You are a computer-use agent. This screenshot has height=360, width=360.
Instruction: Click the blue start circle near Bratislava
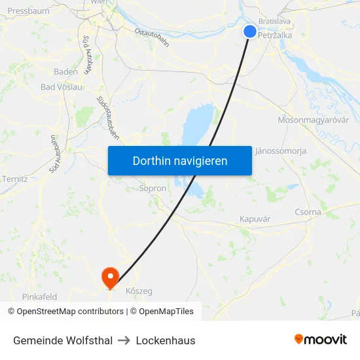click(x=250, y=31)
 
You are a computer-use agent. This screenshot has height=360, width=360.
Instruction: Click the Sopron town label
click(x=153, y=189)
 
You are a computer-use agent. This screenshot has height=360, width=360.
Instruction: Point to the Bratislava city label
click(x=274, y=22)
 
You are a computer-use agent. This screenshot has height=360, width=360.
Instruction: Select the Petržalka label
click(x=275, y=35)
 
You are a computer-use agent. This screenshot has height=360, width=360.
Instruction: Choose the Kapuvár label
click(x=255, y=219)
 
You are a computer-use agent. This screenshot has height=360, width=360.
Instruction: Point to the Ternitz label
click(x=14, y=179)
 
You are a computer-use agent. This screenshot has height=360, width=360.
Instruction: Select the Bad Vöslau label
click(x=62, y=86)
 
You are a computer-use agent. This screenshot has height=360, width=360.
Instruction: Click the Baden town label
click(x=65, y=72)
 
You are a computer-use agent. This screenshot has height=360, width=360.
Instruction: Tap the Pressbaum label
click(x=28, y=11)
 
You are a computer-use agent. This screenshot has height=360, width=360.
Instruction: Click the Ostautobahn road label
click(x=152, y=39)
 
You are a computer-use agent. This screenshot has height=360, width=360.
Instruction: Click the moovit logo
click(x=321, y=340)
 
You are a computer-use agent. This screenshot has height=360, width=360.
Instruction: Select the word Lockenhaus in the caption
click(x=166, y=340)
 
